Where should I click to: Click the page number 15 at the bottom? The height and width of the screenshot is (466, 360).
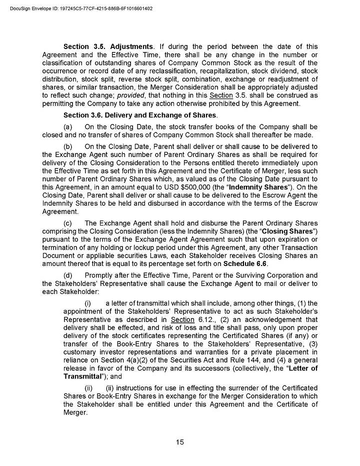click(x=180, y=441)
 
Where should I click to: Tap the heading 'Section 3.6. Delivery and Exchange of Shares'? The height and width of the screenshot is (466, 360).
click(x=139, y=115)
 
